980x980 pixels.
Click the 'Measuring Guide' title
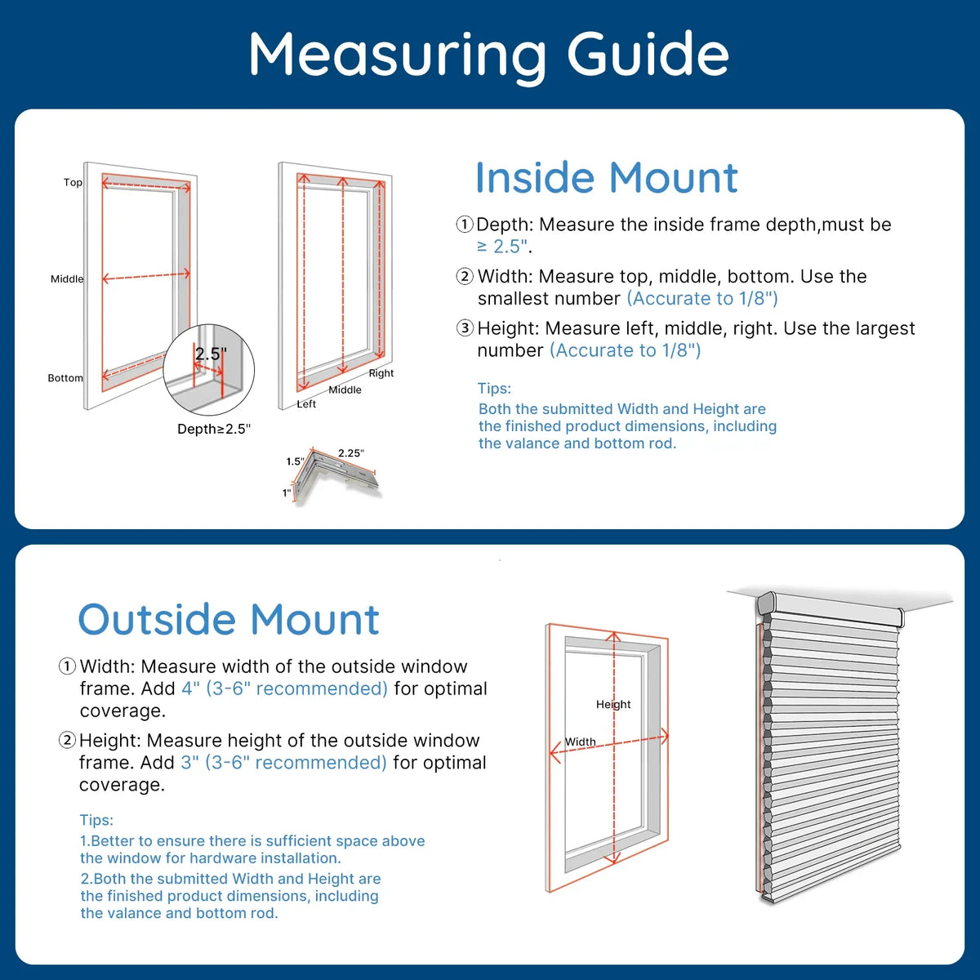tap(488, 55)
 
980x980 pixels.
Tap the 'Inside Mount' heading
tap(606, 178)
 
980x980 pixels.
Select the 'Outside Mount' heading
tap(229, 620)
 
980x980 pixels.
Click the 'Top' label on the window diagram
tap(73, 182)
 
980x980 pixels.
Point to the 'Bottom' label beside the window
tap(65, 378)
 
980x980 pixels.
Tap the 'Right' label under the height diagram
tap(381, 373)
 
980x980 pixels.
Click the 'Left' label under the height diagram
tap(306, 404)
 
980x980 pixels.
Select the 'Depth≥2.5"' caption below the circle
tap(214, 429)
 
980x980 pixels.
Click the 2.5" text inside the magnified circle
tap(211, 354)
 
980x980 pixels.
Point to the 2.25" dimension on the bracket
tap(351, 453)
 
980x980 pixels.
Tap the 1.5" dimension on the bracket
tap(295, 461)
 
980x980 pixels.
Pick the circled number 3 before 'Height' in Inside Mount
tap(465, 328)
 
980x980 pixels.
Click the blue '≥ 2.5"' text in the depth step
tap(503, 247)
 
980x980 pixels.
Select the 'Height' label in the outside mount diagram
tap(613, 704)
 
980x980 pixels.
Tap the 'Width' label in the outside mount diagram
tap(581, 742)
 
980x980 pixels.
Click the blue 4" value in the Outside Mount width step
tap(190, 688)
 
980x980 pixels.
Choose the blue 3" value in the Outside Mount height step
tap(189, 763)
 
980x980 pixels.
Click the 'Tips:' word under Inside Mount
tap(494, 389)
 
